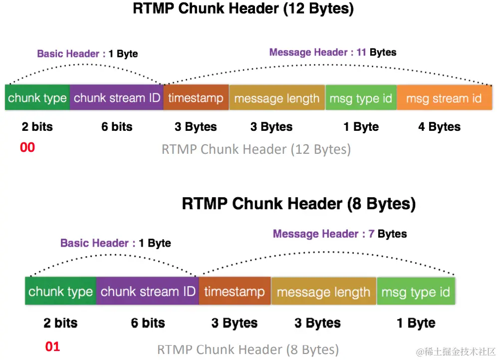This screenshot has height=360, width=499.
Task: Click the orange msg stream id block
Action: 444,98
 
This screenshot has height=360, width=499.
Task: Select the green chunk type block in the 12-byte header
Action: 37,98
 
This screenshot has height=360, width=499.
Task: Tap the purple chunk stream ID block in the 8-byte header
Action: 148,291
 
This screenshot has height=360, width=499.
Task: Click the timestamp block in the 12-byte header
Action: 196,98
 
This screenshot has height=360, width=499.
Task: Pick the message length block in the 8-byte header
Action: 323,292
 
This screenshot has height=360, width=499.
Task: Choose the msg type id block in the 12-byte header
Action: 360,98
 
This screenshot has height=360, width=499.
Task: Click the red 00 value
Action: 27,147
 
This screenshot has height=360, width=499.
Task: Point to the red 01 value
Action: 52,346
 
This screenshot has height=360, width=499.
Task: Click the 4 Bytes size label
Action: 439,127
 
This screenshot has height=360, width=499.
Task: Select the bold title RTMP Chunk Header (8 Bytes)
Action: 298,204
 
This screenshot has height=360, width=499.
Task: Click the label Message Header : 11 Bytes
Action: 333,52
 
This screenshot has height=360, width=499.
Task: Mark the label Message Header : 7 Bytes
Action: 339,234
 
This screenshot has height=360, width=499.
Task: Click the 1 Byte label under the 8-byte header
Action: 416,323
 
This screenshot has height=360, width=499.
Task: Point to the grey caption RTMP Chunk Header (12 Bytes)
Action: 256,149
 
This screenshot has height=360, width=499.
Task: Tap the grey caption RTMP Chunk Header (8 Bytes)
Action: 248,349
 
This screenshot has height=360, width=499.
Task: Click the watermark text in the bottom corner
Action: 456,352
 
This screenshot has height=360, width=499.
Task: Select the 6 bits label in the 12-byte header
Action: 117,127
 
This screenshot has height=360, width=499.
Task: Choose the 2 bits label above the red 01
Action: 60,323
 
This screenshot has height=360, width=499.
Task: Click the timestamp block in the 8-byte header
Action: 235,291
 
